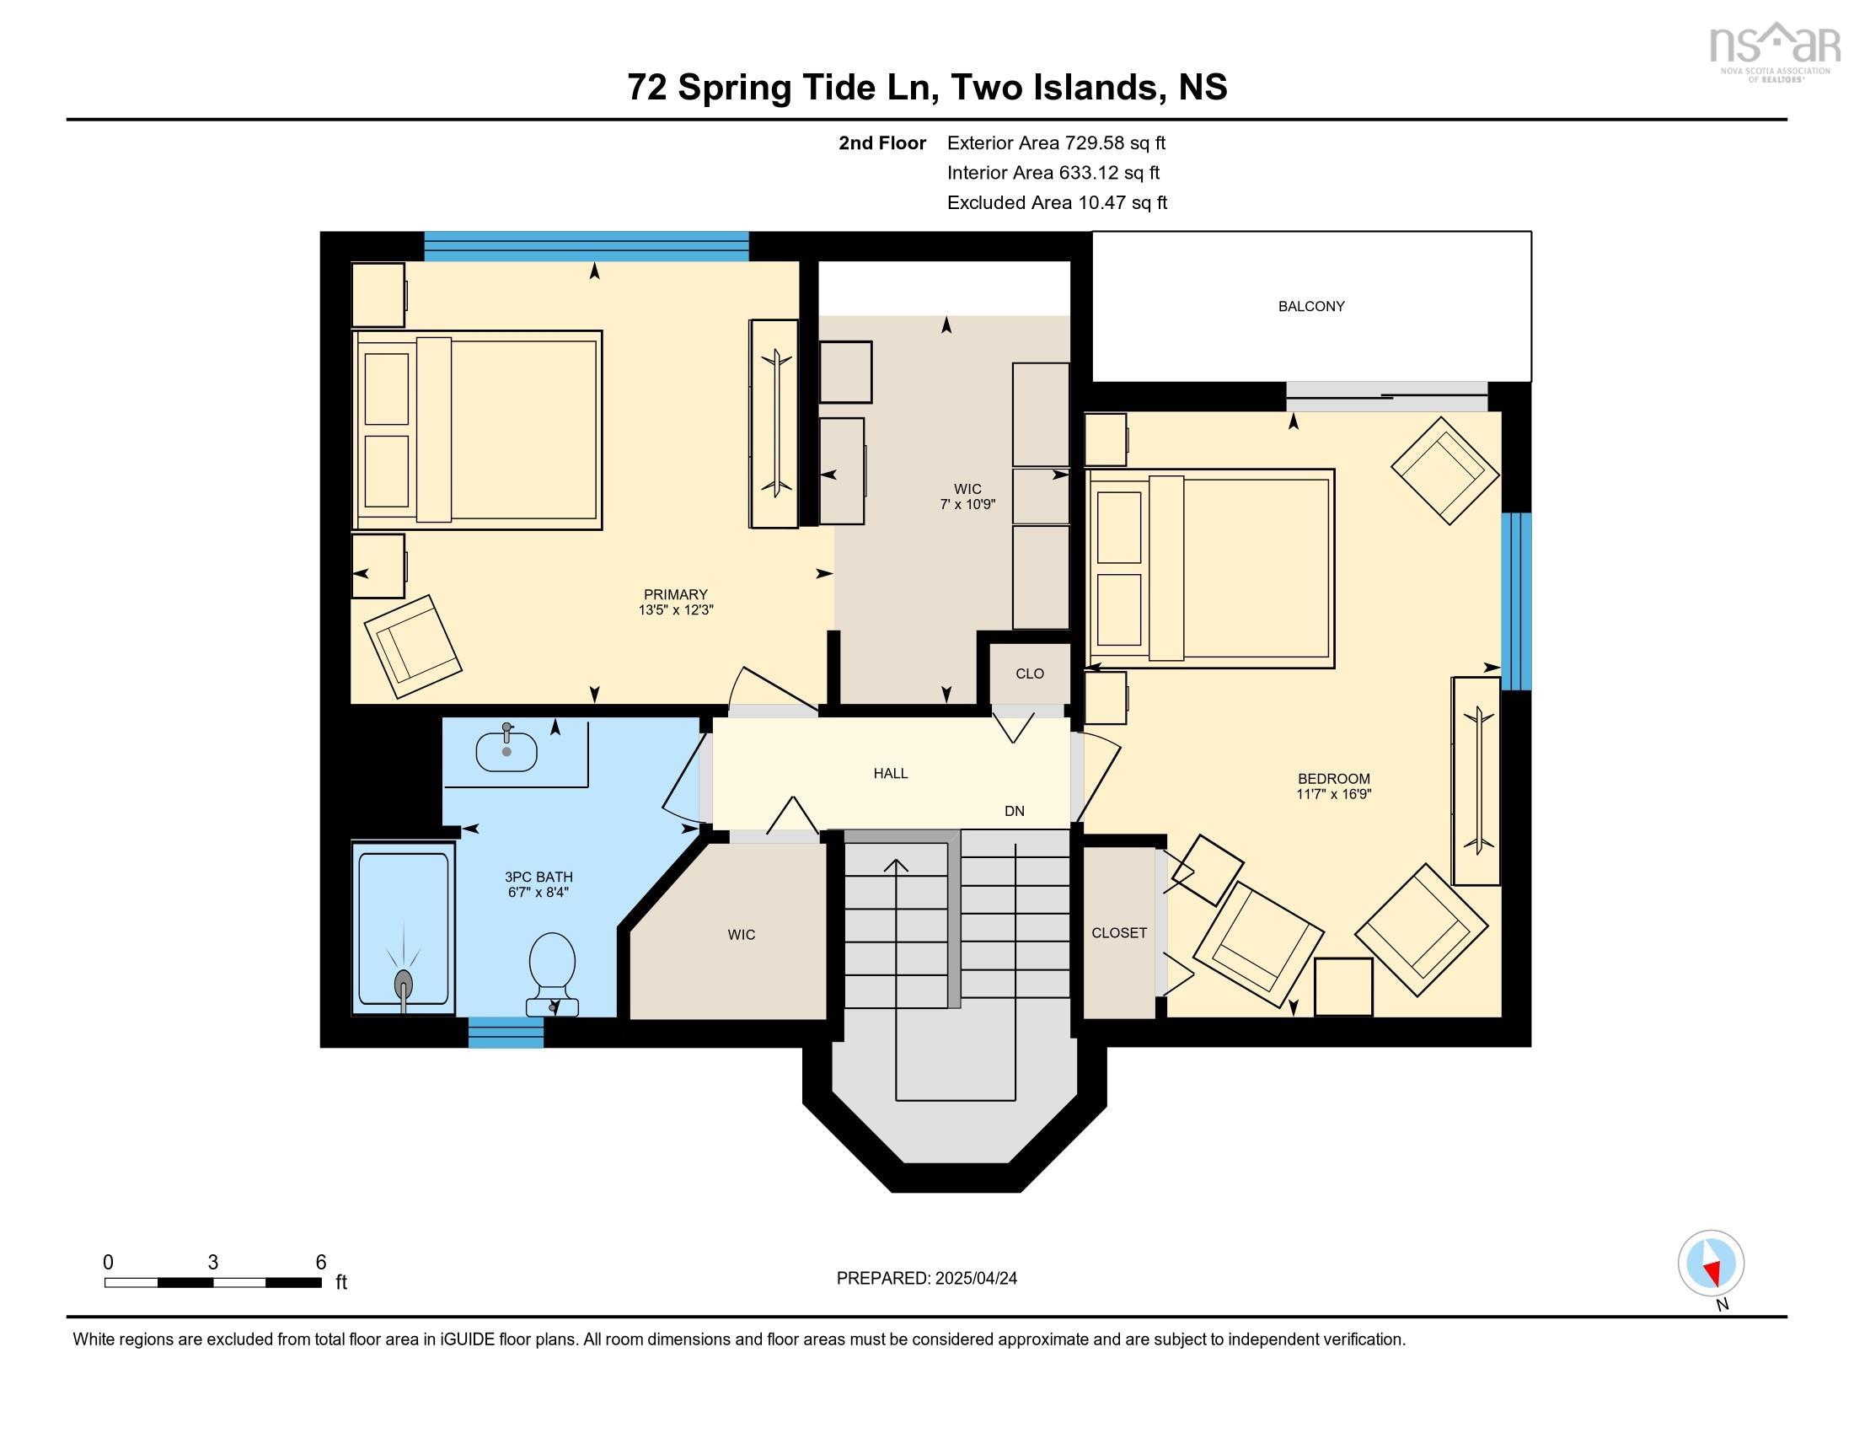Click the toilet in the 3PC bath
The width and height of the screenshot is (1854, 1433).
coord(552,974)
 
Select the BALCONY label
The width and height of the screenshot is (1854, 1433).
coord(1311,307)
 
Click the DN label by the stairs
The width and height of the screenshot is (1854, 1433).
coord(1015,811)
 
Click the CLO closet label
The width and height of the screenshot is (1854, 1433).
coord(1030,674)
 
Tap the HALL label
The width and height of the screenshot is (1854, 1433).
coord(891,773)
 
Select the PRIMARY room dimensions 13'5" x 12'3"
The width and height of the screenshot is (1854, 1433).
coord(676,609)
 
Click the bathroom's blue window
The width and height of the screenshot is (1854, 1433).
coord(506,1033)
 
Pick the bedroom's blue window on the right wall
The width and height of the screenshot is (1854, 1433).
coord(1516,601)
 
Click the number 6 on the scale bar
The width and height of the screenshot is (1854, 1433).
coord(321,1262)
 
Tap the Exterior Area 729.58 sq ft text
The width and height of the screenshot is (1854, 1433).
coord(1057,142)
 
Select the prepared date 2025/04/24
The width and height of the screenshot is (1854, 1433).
coord(975,1279)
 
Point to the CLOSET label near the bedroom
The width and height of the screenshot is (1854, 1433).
coord(1119,932)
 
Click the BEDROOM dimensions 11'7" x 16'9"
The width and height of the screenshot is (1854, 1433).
coord(1334,794)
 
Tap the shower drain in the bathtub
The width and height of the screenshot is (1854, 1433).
coord(404,982)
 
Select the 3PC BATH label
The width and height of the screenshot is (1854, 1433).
coord(539,877)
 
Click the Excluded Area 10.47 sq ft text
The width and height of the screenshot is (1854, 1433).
coord(1058,202)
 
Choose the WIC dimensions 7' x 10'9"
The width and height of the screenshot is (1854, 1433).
coord(967,503)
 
